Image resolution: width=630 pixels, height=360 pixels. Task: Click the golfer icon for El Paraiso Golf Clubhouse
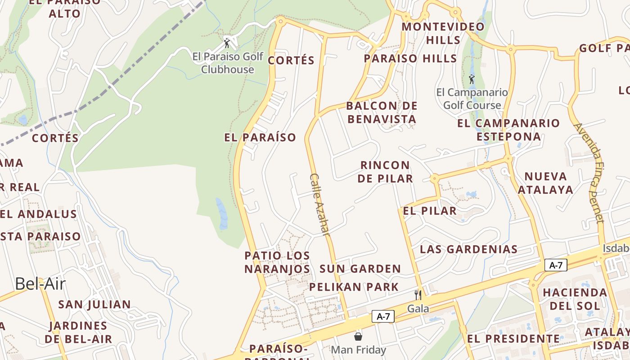pos(227,43)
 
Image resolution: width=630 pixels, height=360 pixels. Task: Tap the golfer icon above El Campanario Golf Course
pos(472,80)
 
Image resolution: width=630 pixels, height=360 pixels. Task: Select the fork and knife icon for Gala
pos(418,295)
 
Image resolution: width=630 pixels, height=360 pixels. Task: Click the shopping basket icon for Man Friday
pos(358,336)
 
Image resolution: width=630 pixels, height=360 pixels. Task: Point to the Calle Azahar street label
pos(320,204)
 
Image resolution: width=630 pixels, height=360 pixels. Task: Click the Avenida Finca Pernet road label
pos(589,173)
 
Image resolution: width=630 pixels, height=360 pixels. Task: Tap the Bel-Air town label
pos(40,284)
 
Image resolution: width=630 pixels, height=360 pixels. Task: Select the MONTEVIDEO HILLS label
pos(443,33)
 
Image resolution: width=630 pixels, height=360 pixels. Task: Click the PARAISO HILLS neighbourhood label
pos(410,58)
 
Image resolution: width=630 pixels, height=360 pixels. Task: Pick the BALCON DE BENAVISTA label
pos(382,112)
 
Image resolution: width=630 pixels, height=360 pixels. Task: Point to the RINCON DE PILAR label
pos(385,172)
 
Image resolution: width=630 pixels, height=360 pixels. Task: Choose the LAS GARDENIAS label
pos(468,249)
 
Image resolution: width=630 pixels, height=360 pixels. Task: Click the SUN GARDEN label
pos(360,269)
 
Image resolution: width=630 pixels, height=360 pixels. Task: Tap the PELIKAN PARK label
pos(354,287)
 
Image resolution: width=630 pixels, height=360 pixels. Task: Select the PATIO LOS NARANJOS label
pos(277,262)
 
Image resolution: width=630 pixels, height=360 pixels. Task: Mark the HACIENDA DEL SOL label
pos(575,299)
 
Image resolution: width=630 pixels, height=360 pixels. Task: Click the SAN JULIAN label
pos(94,305)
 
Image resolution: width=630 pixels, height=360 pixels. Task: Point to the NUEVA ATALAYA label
pos(545,183)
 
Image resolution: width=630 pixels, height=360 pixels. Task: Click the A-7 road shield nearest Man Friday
pos(383,317)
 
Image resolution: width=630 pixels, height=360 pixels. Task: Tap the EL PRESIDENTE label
pos(513,339)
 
